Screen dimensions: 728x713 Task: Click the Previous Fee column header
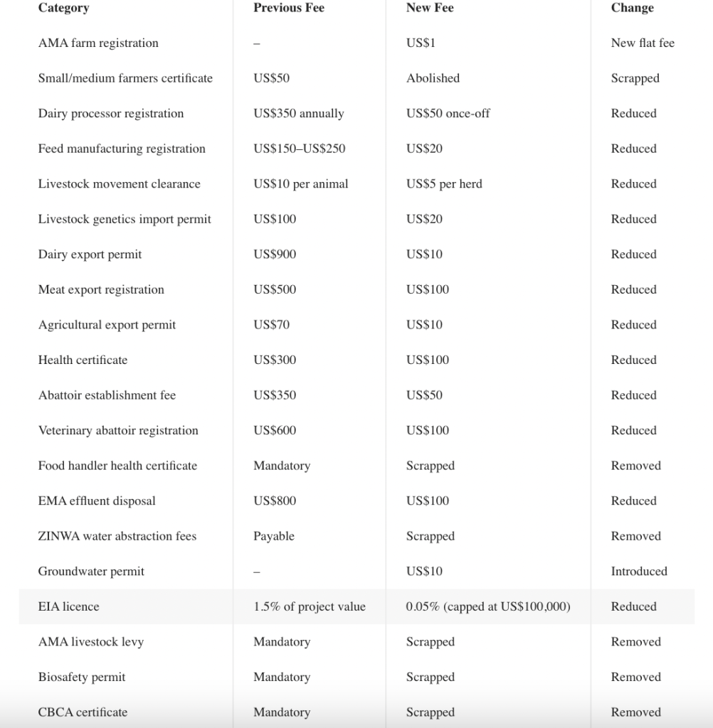[x=288, y=8]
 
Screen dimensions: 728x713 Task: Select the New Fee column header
[x=429, y=8]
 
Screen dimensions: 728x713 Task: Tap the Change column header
[x=632, y=8]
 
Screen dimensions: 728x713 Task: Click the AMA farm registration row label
[x=98, y=43]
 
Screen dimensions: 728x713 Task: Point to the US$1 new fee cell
[x=421, y=43]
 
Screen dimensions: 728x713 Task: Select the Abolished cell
[x=433, y=78]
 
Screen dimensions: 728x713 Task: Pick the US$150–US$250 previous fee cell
[x=299, y=149]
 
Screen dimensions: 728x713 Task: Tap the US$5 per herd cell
[x=444, y=183]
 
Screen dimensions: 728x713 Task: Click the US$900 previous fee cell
[x=275, y=254]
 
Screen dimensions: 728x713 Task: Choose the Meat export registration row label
[x=101, y=289]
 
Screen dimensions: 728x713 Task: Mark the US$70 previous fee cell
[x=271, y=324]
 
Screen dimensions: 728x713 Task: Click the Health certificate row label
[x=83, y=360]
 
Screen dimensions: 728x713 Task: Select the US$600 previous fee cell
[x=275, y=430]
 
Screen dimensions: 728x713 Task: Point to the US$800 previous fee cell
[x=275, y=500]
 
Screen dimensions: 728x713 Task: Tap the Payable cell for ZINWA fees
[x=273, y=536]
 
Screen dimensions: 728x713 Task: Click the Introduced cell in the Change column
[x=639, y=571]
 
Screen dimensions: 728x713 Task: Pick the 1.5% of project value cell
[x=309, y=606]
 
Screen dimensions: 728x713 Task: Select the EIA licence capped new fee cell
[x=487, y=606]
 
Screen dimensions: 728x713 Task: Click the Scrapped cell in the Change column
[x=635, y=78]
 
